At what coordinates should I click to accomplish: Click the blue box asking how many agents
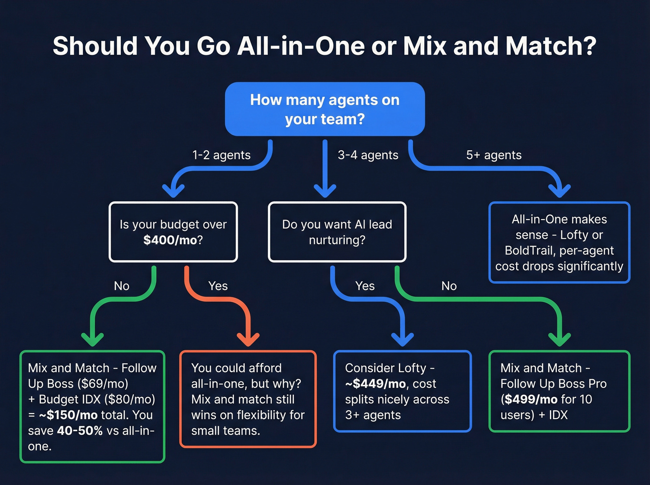pyautogui.click(x=325, y=109)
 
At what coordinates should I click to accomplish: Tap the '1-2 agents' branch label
pyautogui.click(x=221, y=155)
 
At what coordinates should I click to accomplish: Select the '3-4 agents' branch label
pyautogui.click(x=368, y=155)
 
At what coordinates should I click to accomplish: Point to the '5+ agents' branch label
pyautogui.click(x=494, y=155)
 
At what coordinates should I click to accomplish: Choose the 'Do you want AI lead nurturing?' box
pyautogui.click(x=337, y=232)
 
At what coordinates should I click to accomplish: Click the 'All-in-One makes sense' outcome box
pyautogui.click(x=559, y=242)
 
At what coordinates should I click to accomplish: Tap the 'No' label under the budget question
pyautogui.click(x=122, y=286)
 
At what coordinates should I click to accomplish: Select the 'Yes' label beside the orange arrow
pyautogui.click(x=218, y=286)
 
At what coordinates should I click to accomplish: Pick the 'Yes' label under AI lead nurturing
pyautogui.click(x=365, y=286)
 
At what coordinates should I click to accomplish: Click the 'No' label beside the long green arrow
pyautogui.click(x=449, y=286)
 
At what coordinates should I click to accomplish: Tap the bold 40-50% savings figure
pyautogui.click(x=79, y=431)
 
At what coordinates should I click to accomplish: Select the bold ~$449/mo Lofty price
pyautogui.click(x=375, y=384)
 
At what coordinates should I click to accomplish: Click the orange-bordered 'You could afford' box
pyautogui.click(x=248, y=399)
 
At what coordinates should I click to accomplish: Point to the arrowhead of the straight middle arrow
pyautogui.click(x=325, y=190)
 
